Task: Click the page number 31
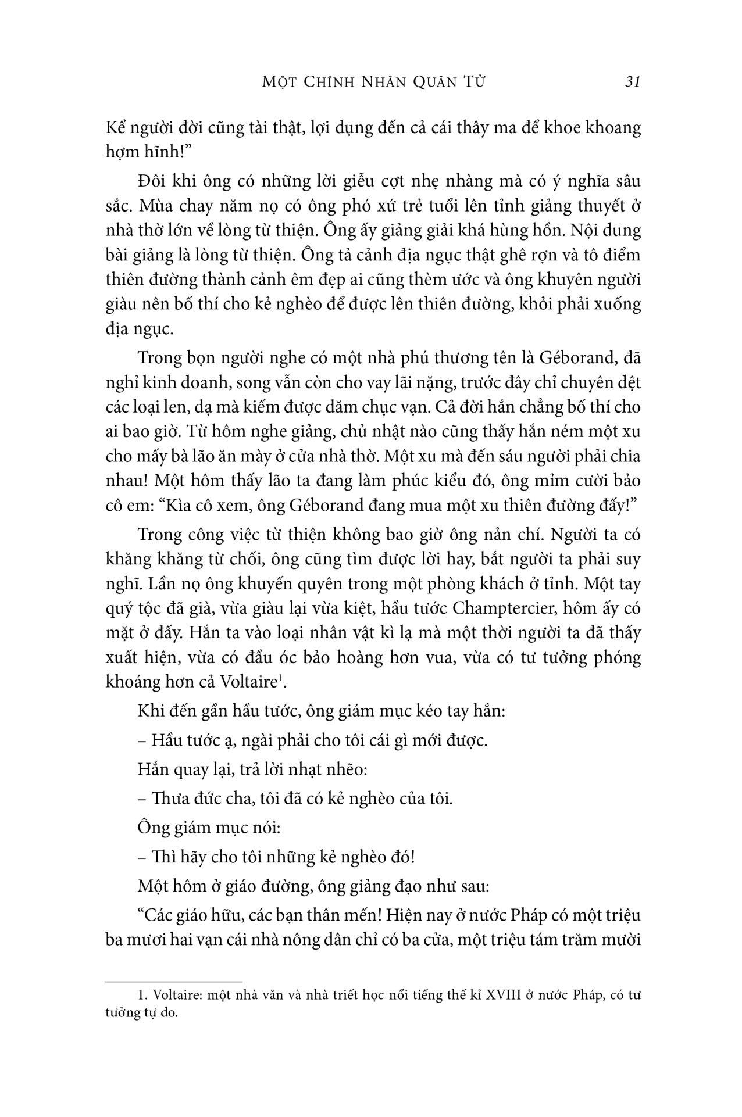[632, 82]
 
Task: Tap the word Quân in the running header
[424, 82]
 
